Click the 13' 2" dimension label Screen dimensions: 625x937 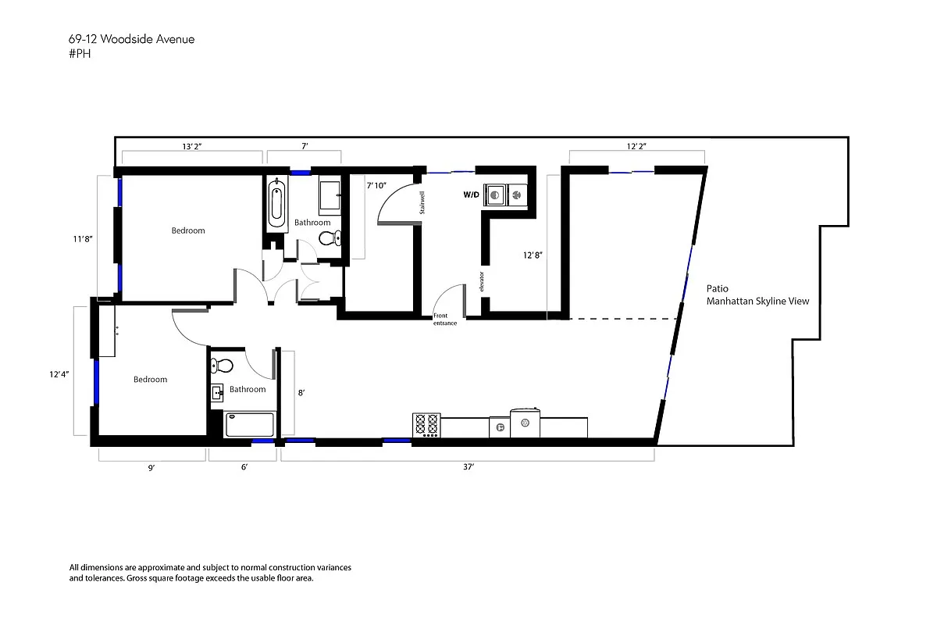pyautogui.click(x=192, y=146)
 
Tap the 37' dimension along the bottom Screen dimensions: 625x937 pyautogui.click(x=468, y=466)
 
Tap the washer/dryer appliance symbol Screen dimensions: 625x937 pyautogui.click(x=505, y=194)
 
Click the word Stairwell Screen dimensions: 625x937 pyautogui.click(x=422, y=202)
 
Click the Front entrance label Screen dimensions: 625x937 pyautogui.click(x=445, y=320)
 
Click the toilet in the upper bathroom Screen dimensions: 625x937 pyautogui.click(x=335, y=239)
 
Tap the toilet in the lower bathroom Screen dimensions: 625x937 pyautogui.click(x=223, y=365)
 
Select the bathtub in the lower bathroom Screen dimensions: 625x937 pyautogui.click(x=250, y=425)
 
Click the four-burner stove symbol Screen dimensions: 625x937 pyautogui.click(x=426, y=425)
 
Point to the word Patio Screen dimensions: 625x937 pyautogui.click(x=718, y=288)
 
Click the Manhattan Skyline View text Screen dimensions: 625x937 pyautogui.click(x=757, y=301)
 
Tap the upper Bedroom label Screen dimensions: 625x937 pyautogui.click(x=188, y=230)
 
